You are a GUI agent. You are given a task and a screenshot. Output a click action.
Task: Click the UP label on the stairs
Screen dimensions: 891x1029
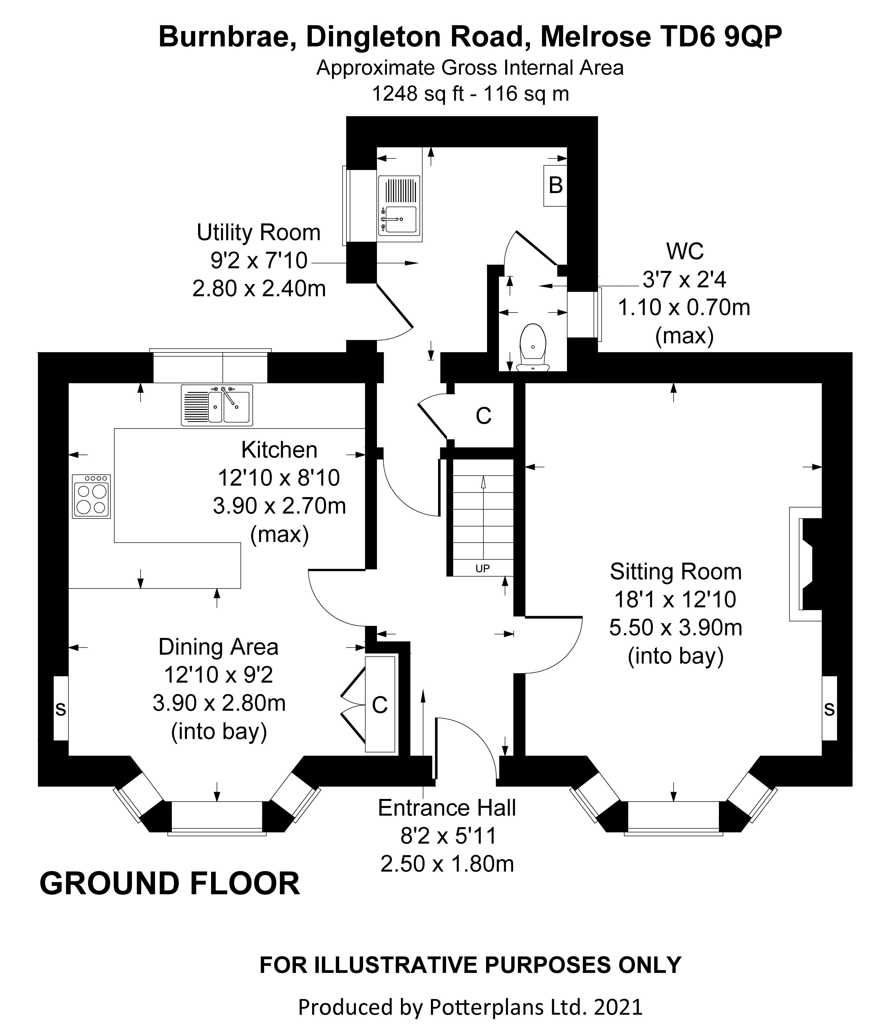tap(483, 568)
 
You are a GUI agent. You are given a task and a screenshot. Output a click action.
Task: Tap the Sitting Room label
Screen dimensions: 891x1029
tap(676, 572)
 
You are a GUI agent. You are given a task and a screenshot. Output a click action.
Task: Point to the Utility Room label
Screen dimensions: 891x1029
tap(259, 233)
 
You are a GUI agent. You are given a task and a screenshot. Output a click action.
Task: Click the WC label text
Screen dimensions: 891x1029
tap(685, 252)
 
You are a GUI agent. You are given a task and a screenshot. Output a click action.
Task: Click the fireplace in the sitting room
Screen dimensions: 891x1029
tap(806, 564)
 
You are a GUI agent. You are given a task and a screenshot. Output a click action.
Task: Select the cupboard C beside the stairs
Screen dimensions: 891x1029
tap(483, 415)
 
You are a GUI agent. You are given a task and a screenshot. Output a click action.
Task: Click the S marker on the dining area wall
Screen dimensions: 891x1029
tap(61, 708)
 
